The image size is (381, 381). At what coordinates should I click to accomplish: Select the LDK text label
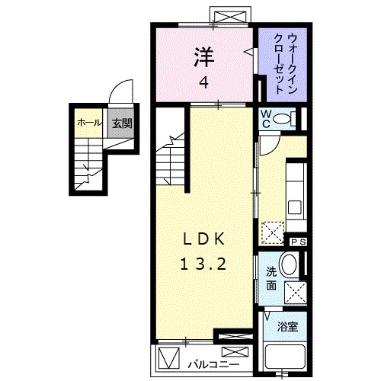(203, 238)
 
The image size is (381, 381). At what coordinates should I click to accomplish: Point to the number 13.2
(203, 265)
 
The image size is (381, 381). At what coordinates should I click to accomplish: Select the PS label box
(298, 242)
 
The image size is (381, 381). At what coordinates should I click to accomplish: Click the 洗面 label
(271, 279)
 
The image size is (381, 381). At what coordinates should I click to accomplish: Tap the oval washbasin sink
(290, 265)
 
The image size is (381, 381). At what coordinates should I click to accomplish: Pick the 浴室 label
(287, 327)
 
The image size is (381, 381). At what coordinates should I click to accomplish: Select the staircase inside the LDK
(171, 160)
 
